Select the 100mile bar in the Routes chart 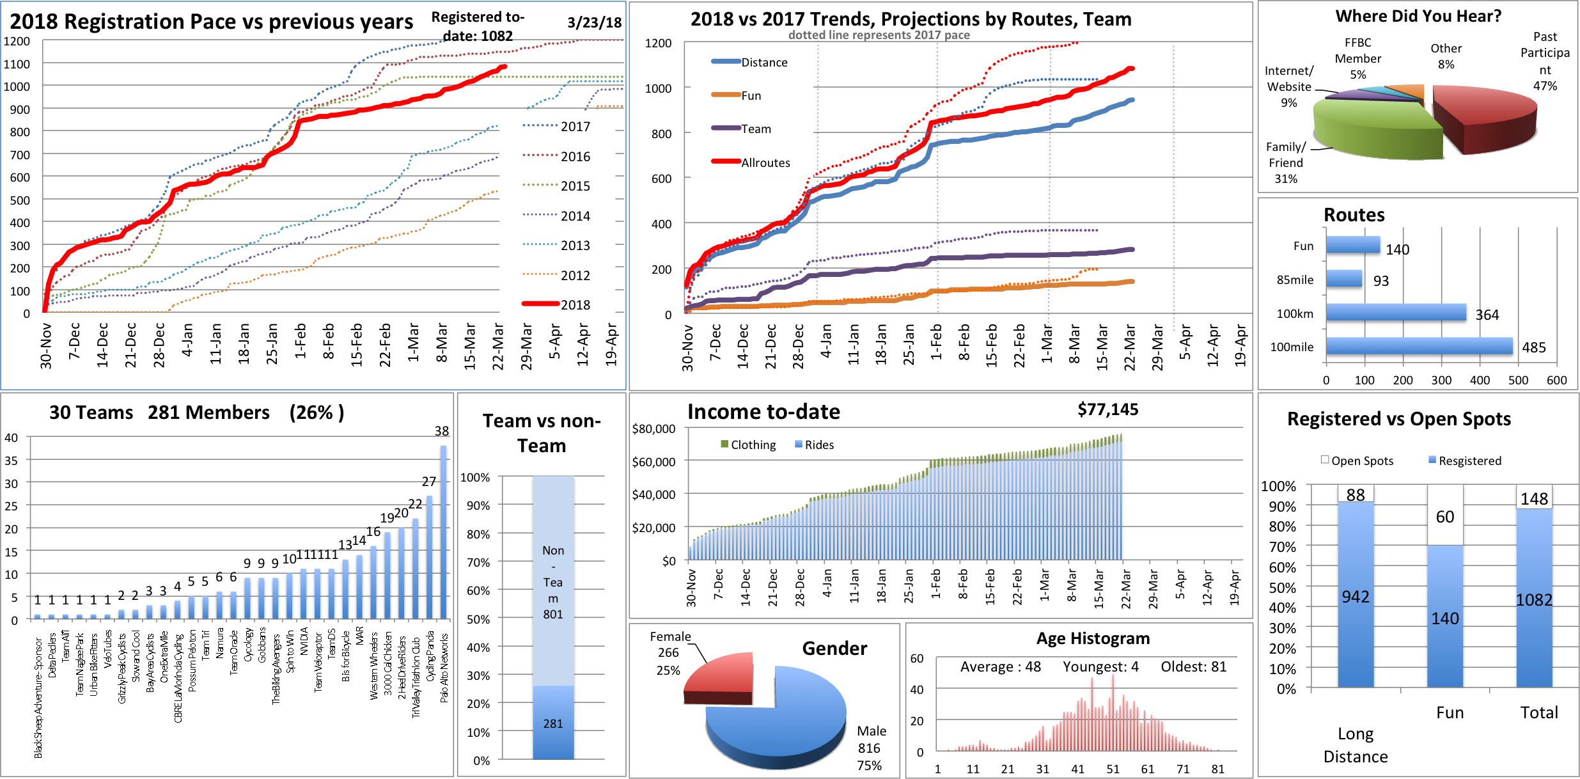pyautogui.click(x=1419, y=346)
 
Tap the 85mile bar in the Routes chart pyautogui.click(x=1343, y=279)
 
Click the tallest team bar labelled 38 pyautogui.click(x=443, y=531)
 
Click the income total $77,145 pyautogui.click(x=1107, y=409)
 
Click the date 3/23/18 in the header pyautogui.click(x=594, y=22)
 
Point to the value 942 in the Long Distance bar pyautogui.click(x=1355, y=597)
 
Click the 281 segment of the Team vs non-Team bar pyautogui.click(x=553, y=723)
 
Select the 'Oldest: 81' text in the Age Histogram pyautogui.click(x=1193, y=666)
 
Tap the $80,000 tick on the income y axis pyautogui.click(x=653, y=429)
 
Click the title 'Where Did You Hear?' pyautogui.click(x=1418, y=16)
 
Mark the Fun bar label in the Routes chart pyautogui.click(x=1303, y=246)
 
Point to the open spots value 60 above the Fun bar pyautogui.click(x=1444, y=517)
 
